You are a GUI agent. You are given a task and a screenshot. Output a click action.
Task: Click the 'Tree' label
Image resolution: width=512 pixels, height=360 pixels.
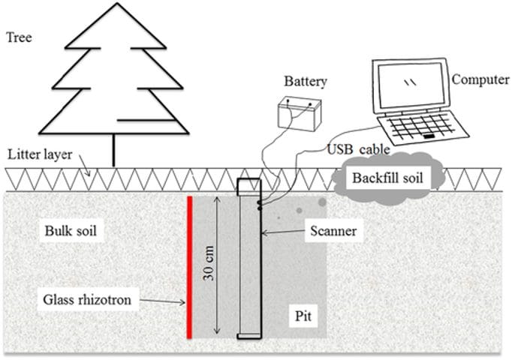tap(18, 34)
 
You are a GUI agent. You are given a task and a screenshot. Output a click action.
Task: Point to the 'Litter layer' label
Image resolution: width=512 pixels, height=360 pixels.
tap(38, 155)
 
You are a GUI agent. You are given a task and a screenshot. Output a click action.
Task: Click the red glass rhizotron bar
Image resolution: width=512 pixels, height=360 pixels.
tap(191, 266)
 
